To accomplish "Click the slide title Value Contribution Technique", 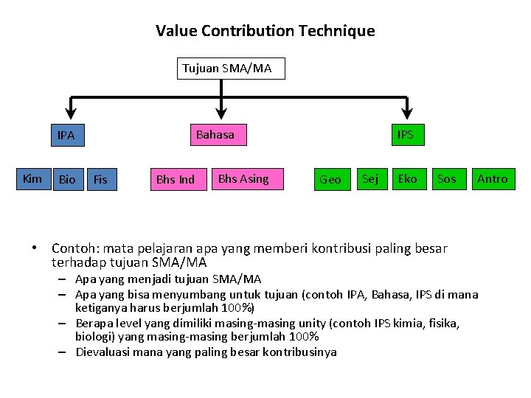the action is coord(265,31).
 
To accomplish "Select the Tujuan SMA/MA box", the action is coord(227,69).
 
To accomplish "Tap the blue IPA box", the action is coord(66,136).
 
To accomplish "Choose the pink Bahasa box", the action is coord(215,135).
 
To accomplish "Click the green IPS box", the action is coord(405,135).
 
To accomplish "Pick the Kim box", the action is coord(32,178).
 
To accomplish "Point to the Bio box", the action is coord(67,179).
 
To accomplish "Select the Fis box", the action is coord(101,179).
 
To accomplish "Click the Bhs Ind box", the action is coord(176,179).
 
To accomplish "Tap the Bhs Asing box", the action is coord(243,178).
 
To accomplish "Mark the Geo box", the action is coord(330,179).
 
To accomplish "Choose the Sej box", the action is coord(370,178).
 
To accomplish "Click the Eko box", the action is coord(407,178).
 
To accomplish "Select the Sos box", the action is coord(446,178).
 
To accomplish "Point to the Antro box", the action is coord(492,178).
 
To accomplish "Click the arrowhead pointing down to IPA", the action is coord(70,112).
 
